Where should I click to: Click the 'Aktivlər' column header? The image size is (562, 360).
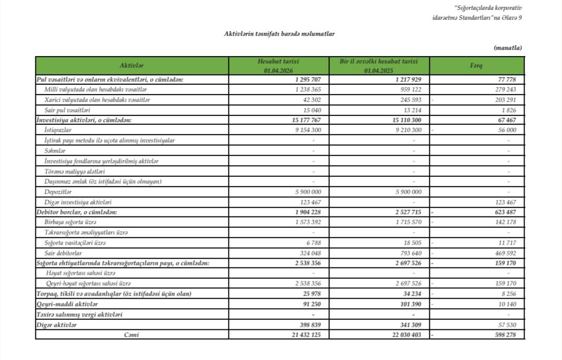point(132,66)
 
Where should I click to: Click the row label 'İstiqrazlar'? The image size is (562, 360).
point(58,131)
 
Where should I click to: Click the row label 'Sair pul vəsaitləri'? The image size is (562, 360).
point(68,110)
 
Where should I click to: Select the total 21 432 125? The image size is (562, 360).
point(306,335)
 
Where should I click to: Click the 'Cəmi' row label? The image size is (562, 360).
point(132,335)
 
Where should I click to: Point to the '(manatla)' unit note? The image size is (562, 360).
point(507,48)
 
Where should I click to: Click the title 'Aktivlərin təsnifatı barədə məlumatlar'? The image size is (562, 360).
point(279,34)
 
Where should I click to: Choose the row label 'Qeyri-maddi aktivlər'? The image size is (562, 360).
point(68,304)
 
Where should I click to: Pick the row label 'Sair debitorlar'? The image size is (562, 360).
point(64,253)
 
